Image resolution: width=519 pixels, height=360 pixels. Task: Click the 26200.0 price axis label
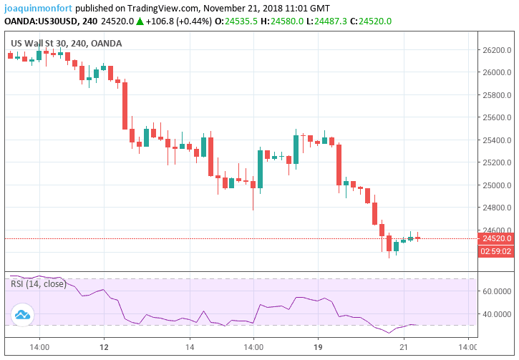click(x=496, y=50)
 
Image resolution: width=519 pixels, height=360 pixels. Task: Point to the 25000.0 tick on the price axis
click(x=496, y=185)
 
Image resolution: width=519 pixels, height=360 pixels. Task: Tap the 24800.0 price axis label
click(x=496, y=208)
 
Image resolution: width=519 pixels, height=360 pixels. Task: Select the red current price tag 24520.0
click(x=496, y=238)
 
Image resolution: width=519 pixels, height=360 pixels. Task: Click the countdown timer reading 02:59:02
click(x=495, y=251)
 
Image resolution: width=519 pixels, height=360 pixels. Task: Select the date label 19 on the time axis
click(x=319, y=346)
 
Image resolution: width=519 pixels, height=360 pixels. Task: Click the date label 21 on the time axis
click(x=404, y=346)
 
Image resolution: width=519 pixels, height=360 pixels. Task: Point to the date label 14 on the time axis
click(x=189, y=346)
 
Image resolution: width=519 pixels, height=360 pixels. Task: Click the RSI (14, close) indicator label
click(x=39, y=284)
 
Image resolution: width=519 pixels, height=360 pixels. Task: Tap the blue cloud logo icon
click(x=22, y=314)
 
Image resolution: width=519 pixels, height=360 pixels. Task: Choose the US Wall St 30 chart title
click(x=39, y=43)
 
